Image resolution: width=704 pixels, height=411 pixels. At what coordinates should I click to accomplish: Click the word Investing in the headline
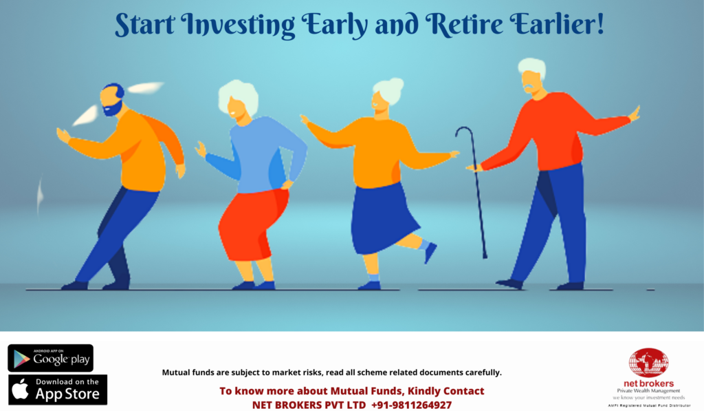[234, 24]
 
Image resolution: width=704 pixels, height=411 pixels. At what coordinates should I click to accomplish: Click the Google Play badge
[50, 358]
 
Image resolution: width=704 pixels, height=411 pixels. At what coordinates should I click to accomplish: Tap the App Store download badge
[58, 390]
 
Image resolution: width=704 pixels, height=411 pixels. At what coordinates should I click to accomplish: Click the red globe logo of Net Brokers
[648, 362]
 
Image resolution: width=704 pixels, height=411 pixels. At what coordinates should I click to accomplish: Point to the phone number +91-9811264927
[411, 404]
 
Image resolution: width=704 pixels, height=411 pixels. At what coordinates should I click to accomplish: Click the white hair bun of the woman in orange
[392, 89]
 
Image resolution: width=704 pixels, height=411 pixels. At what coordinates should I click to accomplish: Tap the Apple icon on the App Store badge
[21, 390]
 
